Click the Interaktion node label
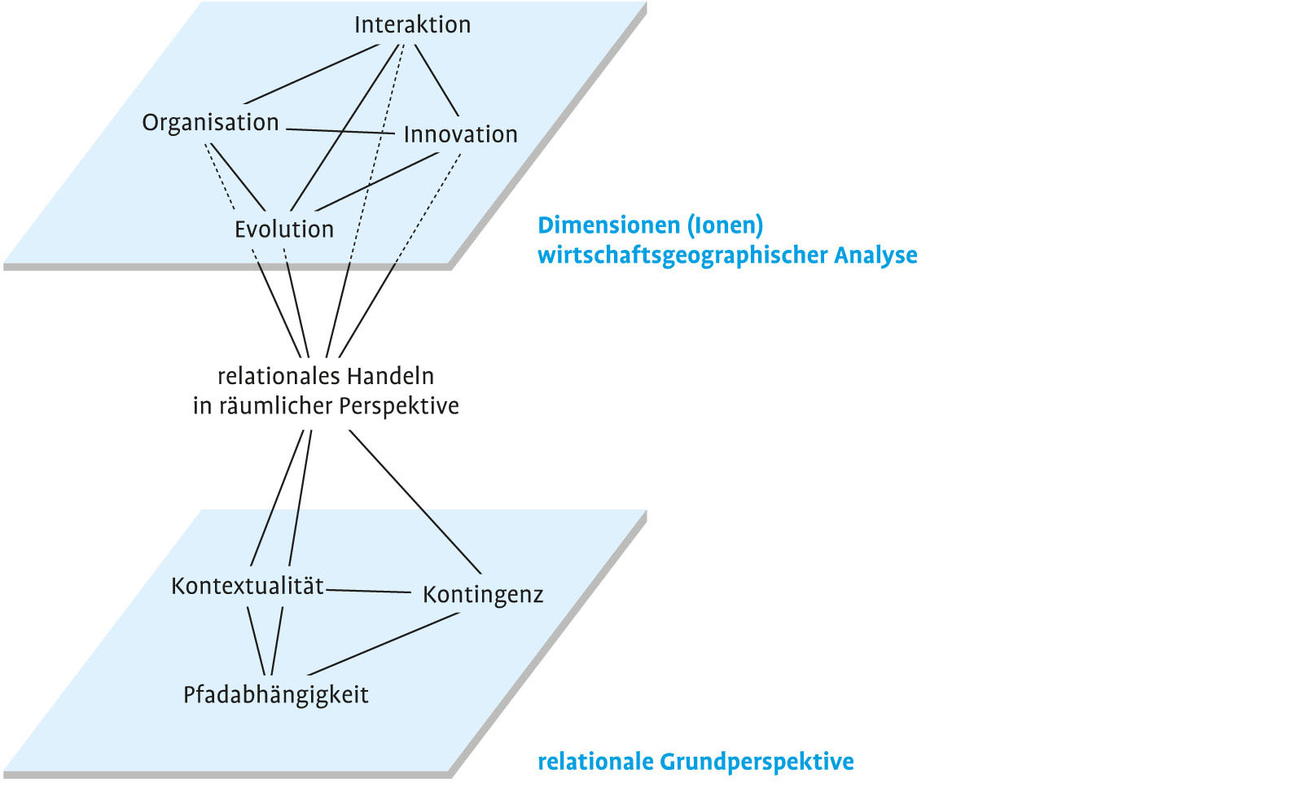[412, 24]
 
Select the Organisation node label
[210, 123]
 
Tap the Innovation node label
[460, 134]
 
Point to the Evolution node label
[284, 229]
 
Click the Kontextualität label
[247, 586]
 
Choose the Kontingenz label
[483, 595]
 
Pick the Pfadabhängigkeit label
[275, 695]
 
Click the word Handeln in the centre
[390, 376]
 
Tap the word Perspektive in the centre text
[399, 405]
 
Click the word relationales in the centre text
[270, 376]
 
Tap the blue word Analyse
[875, 256]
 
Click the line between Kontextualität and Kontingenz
[368, 591]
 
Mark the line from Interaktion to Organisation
[309, 73]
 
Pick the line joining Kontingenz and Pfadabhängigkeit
[383, 644]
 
